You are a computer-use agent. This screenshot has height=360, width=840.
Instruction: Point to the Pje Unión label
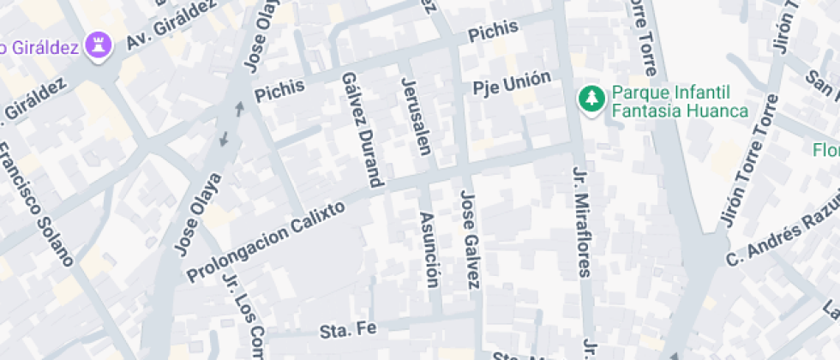tap(512, 83)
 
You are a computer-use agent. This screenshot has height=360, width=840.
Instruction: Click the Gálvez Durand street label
tap(361, 129)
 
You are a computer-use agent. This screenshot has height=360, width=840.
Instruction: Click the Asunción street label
tap(430, 249)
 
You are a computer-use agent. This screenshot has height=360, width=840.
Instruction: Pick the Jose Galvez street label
tap(471, 239)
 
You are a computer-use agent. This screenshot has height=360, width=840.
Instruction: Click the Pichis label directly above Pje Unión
tap(494, 32)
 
